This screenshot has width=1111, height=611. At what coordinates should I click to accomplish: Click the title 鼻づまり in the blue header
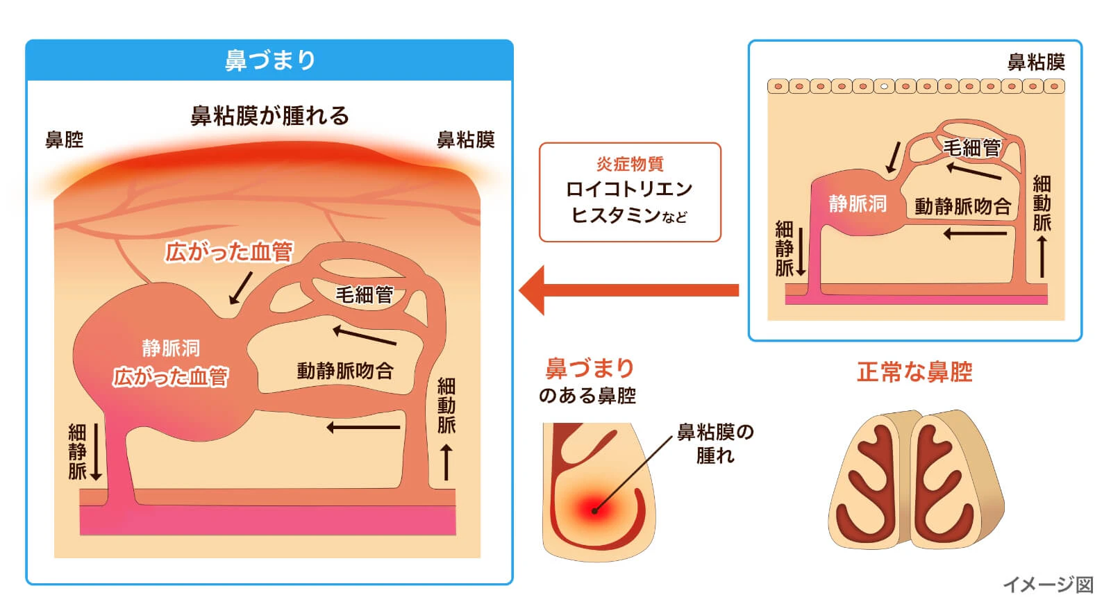click(269, 60)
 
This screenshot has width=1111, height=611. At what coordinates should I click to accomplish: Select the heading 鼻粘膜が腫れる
click(269, 115)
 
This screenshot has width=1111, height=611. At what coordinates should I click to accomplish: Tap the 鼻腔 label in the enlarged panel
click(64, 140)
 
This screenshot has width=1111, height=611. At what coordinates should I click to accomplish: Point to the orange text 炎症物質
click(630, 164)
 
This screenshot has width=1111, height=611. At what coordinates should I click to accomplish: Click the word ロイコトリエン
click(629, 189)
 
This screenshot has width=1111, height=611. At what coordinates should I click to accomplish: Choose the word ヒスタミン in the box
click(615, 215)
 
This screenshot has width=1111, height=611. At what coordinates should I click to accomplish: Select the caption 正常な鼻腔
click(914, 372)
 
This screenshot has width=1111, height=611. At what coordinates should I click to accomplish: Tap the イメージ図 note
click(1048, 585)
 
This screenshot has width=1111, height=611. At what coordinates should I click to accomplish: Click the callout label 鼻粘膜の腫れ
click(715, 443)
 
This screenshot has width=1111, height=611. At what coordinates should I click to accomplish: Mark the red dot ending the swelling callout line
click(595, 510)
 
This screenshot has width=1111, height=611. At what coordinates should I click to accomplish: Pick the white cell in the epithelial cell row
click(884, 87)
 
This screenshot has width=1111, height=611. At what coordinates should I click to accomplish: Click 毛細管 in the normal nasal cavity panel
click(971, 148)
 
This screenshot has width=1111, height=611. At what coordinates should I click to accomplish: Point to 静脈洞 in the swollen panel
click(171, 348)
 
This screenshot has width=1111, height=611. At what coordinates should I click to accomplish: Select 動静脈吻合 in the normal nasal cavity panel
click(962, 206)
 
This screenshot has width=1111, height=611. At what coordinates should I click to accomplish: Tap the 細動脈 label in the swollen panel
click(446, 405)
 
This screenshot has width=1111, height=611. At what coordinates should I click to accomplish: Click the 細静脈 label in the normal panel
click(784, 249)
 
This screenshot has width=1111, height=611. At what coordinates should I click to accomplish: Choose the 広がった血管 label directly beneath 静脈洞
click(171, 377)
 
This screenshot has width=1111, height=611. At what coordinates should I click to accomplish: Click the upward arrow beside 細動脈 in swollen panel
click(446, 462)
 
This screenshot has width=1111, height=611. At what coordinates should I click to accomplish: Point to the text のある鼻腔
click(587, 396)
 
